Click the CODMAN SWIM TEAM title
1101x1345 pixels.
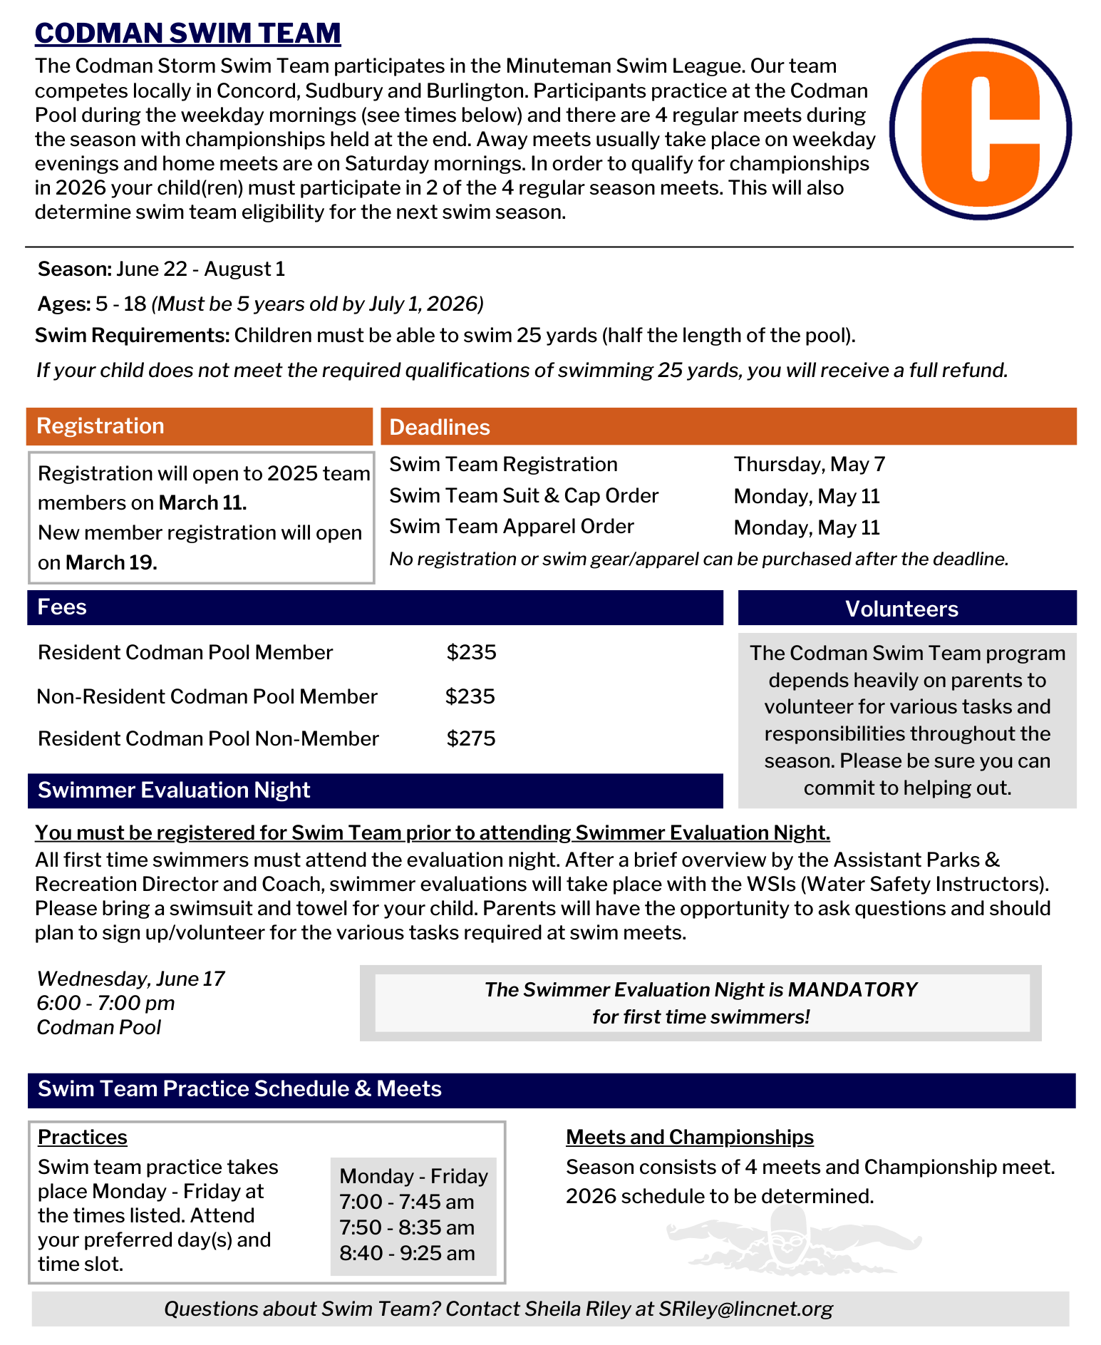[x=187, y=34]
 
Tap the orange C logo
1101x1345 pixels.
[x=980, y=129]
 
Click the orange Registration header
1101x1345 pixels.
[x=200, y=426]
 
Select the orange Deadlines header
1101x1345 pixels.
[x=728, y=427]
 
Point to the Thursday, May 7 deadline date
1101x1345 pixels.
[x=810, y=465]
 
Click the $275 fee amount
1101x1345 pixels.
[x=471, y=738]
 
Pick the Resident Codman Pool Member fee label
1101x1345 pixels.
[x=185, y=653]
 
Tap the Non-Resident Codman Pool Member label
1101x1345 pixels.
[x=207, y=696]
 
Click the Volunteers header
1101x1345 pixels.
[x=906, y=609]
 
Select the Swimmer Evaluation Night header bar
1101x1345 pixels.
[x=375, y=790]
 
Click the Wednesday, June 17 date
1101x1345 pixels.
[x=130, y=979]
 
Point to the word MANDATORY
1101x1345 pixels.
[x=852, y=990]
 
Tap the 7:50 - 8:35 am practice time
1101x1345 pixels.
[x=407, y=1227]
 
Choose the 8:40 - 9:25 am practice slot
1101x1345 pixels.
[x=407, y=1253]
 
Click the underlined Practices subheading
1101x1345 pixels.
[x=83, y=1137]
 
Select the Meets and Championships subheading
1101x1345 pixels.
[x=689, y=1137]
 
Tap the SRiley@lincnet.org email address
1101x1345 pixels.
[x=745, y=1309]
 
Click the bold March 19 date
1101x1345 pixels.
[x=110, y=563]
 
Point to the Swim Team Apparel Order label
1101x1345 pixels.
[x=511, y=527]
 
